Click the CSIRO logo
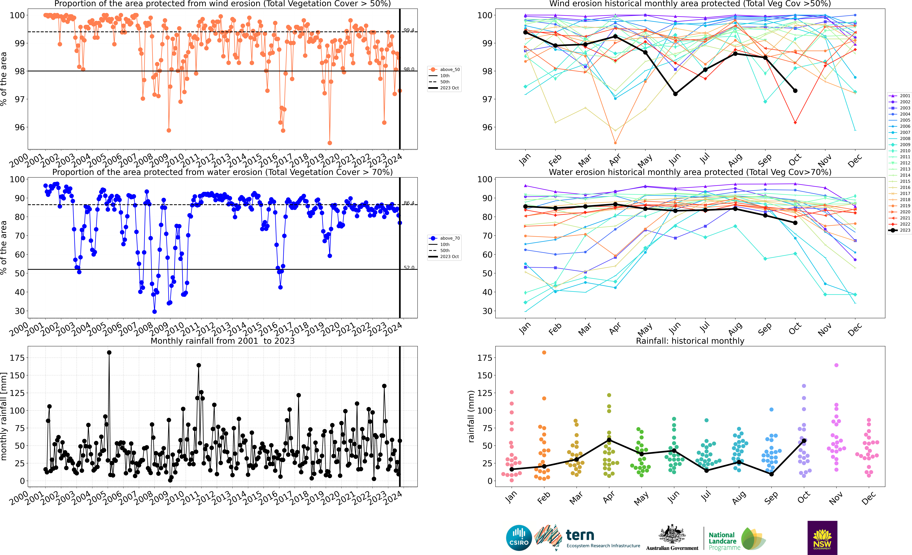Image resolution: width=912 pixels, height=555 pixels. point(519,538)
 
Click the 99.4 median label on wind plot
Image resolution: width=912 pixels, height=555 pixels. point(409,30)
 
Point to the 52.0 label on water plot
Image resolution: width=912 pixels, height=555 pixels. point(409,268)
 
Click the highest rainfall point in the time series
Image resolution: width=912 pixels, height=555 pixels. point(109,353)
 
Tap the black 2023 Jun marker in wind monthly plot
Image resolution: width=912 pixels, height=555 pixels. point(675,94)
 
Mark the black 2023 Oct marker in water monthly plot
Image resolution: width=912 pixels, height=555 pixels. point(795,223)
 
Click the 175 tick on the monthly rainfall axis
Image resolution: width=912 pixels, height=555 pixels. point(17,358)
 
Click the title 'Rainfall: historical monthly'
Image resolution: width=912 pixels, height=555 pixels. point(690,341)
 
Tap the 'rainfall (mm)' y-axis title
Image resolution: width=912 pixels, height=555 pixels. point(471,416)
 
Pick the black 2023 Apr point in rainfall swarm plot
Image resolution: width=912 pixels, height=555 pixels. point(609,440)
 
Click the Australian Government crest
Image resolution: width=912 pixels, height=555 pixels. point(672,535)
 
